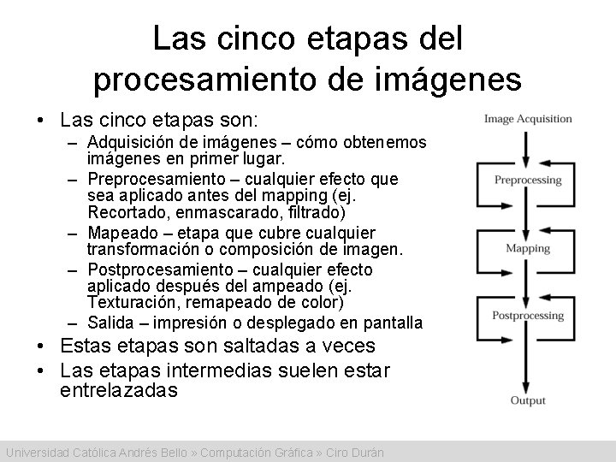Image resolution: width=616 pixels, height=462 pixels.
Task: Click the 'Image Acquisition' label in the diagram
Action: tap(527, 118)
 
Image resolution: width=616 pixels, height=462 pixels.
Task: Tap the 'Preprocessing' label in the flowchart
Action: tap(528, 180)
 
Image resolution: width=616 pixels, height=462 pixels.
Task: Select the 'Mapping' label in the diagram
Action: tap(528, 249)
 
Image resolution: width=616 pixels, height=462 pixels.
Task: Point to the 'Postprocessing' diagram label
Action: tap(528, 316)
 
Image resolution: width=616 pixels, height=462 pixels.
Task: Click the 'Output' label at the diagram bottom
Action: tap(528, 400)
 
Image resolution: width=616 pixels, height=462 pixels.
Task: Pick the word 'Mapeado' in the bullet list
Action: tap(118, 234)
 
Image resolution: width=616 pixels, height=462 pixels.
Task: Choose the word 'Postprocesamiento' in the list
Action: tap(154, 269)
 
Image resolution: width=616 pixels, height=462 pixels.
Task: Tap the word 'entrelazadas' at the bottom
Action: tap(119, 391)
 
